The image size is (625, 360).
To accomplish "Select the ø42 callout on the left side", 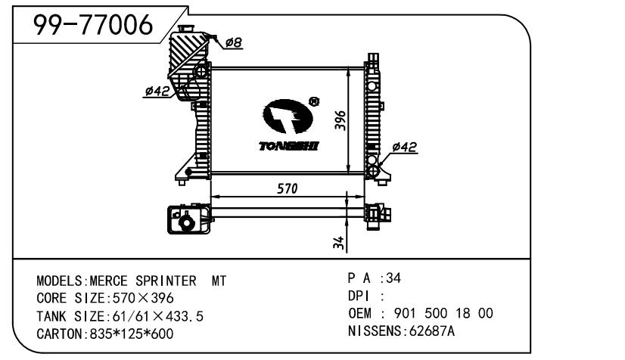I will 157,92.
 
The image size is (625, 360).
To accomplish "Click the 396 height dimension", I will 340,121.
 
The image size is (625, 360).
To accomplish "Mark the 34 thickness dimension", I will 340,242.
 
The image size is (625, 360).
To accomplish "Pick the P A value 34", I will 393,278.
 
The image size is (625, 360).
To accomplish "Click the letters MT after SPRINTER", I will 219,281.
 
